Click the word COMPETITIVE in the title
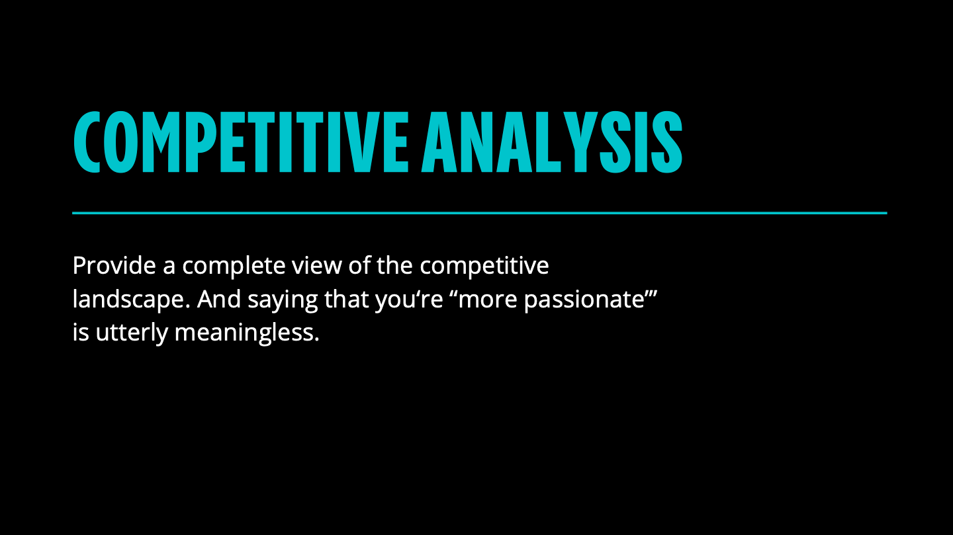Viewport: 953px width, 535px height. pyautogui.click(x=241, y=142)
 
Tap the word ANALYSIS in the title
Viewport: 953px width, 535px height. pyautogui.click(x=552, y=142)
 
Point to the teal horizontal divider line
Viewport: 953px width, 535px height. pyautogui.click(x=479, y=213)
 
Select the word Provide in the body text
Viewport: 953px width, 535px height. pyautogui.click(x=114, y=266)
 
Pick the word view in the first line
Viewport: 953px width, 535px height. pyautogui.click(x=316, y=266)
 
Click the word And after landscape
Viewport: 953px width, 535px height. pyautogui.click(x=219, y=300)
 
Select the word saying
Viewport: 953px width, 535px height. pyautogui.click(x=283, y=301)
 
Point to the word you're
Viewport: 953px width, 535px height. pyautogui.click(x=409, y=301)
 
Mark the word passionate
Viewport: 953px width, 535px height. pyautogui.click(x=584, y=301)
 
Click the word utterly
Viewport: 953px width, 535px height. pyautogui.click(x=132, y=334)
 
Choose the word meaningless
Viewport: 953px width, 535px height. pyautogui.click(x=244, y=334)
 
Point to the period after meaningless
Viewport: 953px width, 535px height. pyautogui.click(x=316, y=340)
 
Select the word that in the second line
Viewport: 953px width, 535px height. pyautogui.click(x=346, y=300)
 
